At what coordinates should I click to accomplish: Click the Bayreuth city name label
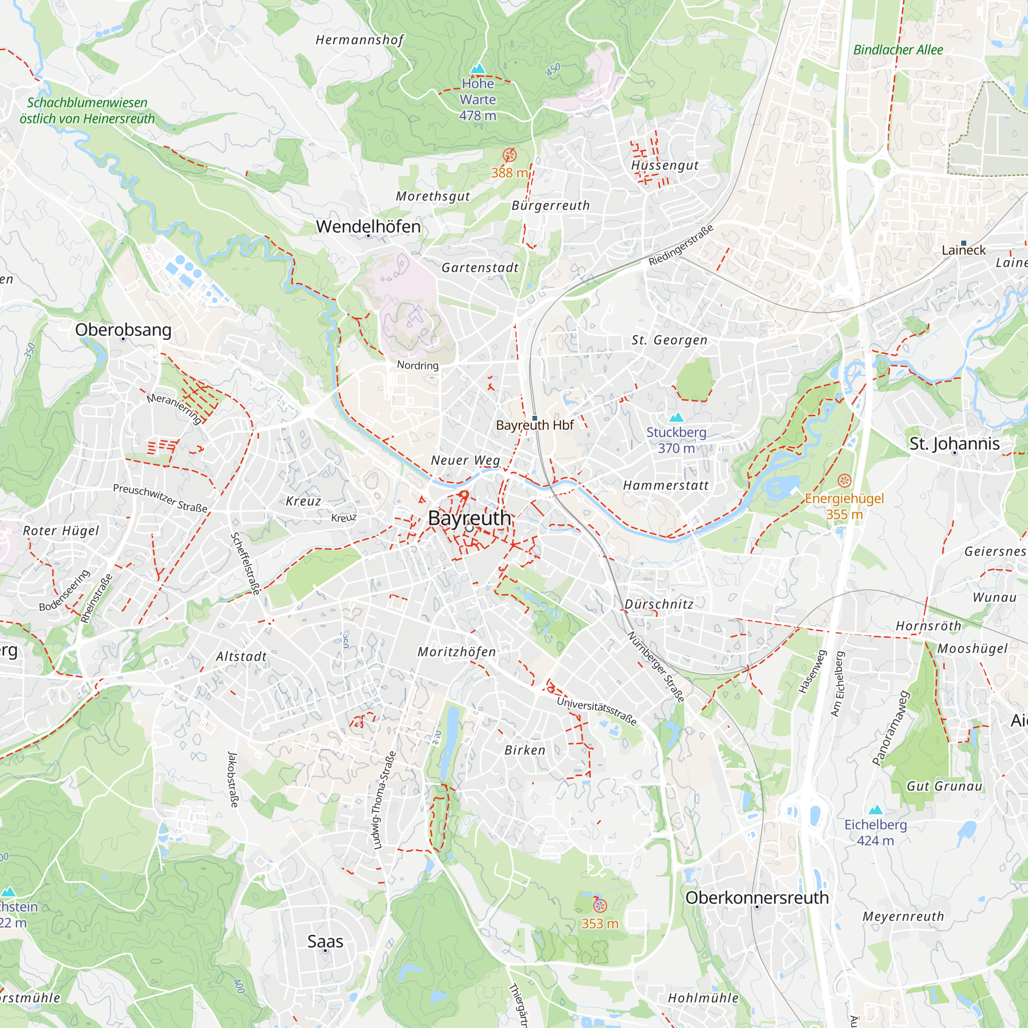469,518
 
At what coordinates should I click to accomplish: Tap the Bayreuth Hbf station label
534,425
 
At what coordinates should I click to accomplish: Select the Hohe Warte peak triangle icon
478,69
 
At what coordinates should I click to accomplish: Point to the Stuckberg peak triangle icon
676,417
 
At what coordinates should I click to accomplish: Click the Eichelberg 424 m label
875,832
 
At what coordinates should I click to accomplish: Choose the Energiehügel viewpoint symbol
844,481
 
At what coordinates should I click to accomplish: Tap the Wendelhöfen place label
368,226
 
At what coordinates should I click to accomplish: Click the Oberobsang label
123,329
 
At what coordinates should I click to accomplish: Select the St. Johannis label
954,443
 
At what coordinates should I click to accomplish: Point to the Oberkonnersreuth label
757,897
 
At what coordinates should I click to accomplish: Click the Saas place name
325,941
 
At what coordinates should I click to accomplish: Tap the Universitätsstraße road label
596,711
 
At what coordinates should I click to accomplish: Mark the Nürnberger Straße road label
655,667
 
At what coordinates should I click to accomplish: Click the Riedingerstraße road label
681,245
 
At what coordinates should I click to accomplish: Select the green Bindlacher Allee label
897,50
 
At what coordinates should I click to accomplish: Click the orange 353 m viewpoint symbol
600,905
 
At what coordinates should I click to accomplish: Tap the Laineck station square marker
963,243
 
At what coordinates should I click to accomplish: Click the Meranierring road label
175,408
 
